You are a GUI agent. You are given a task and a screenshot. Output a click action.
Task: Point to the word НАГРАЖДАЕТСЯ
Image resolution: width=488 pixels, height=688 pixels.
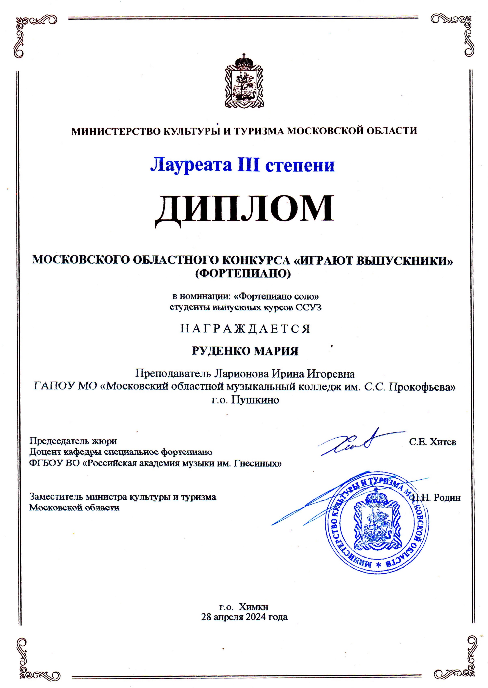tap(245, 329)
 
